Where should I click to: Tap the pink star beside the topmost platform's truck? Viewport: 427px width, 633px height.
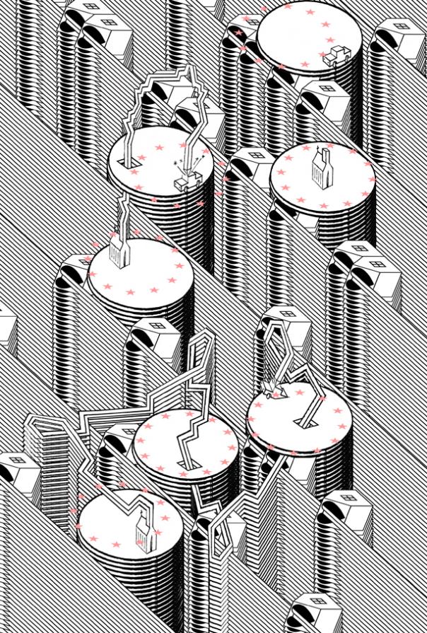[322, 54]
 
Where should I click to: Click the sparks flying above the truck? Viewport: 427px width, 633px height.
[186, 163]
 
